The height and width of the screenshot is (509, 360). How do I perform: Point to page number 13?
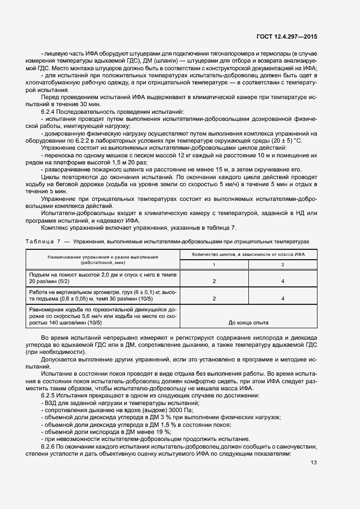coord(314,463)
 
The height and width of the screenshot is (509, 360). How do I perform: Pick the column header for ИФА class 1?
coord(213,265)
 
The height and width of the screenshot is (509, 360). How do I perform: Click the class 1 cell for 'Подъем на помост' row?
coord(213,281)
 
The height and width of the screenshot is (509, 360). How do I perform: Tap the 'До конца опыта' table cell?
coord(248,323)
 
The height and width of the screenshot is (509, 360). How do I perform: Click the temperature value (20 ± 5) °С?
coord(288,140)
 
